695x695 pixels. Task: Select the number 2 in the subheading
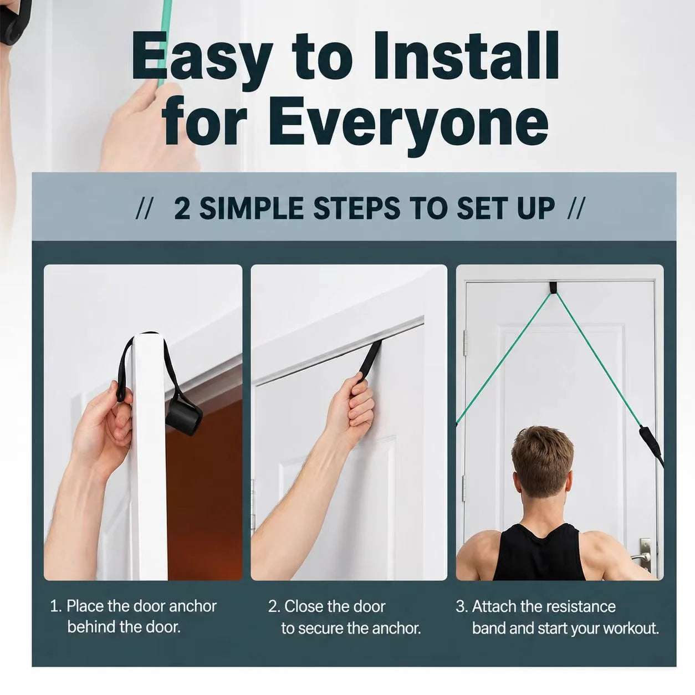(x=182, y=209)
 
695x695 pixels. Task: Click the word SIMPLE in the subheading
(x=251, y=209)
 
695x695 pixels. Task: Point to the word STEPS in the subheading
(x=356, y=209)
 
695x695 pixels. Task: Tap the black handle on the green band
(x=651, y=444)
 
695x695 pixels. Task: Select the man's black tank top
(x=539, y=553)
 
